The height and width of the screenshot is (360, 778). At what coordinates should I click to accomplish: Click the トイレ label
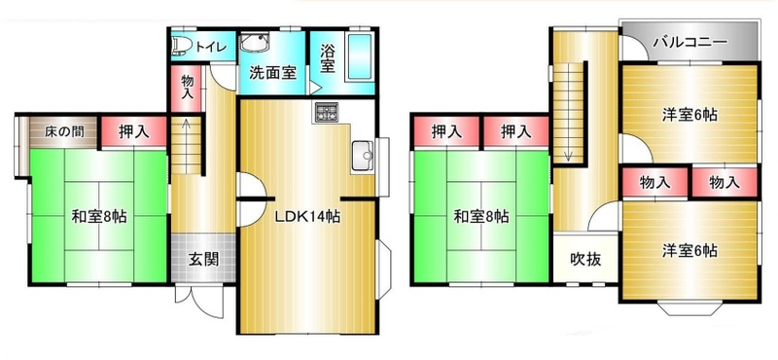(x=211, y=47)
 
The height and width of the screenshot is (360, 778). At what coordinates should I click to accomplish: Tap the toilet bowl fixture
(x=182, y=46)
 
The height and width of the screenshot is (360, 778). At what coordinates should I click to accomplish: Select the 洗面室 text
(x=272, y=73)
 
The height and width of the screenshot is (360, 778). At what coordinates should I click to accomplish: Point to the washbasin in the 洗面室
(x=255, y=42)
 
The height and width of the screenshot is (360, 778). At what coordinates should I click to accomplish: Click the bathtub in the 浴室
(x=359, y=57)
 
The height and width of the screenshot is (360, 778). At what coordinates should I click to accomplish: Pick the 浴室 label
(x=327, y=58)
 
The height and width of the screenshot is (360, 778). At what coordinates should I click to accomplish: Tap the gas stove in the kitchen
(x=325, y=113)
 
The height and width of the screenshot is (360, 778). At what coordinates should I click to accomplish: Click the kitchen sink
(x=363, y=157)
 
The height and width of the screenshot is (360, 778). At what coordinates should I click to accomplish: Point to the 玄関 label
(x=203, y=259)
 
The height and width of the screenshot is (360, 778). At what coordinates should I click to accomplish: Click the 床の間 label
(x=64, y=131)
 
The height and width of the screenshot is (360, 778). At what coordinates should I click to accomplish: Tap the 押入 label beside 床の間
(x=134, y=131)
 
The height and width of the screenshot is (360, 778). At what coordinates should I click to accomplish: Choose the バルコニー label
(x=690, y=41)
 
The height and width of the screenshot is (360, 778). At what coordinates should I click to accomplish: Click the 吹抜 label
(x=585, y=259)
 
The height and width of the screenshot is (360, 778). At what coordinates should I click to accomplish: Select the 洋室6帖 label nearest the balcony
(x=690, y=115)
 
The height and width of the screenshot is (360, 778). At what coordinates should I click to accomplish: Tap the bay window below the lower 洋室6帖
(x=690, y=308)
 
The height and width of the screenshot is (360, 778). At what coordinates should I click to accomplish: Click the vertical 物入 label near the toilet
(x=187, y=87)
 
